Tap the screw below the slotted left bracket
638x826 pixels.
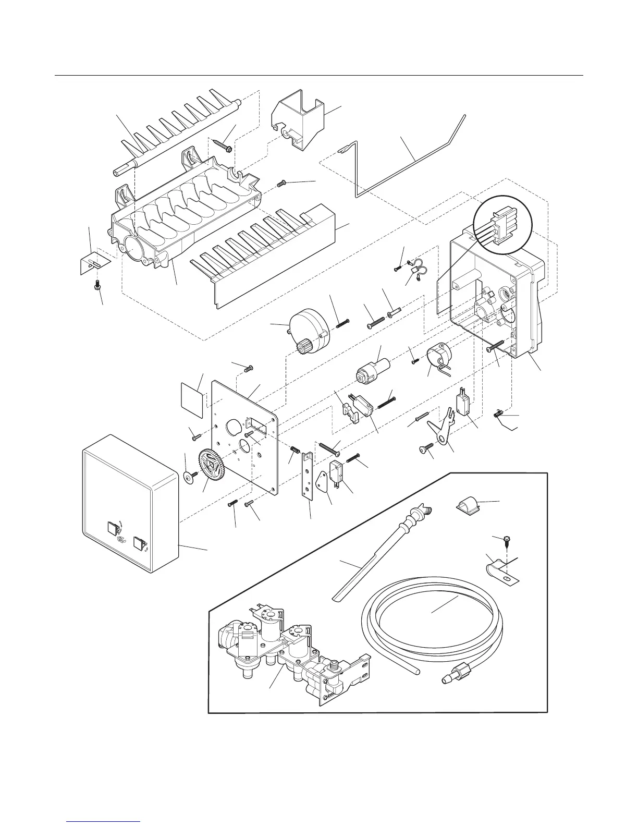[96, 285]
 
